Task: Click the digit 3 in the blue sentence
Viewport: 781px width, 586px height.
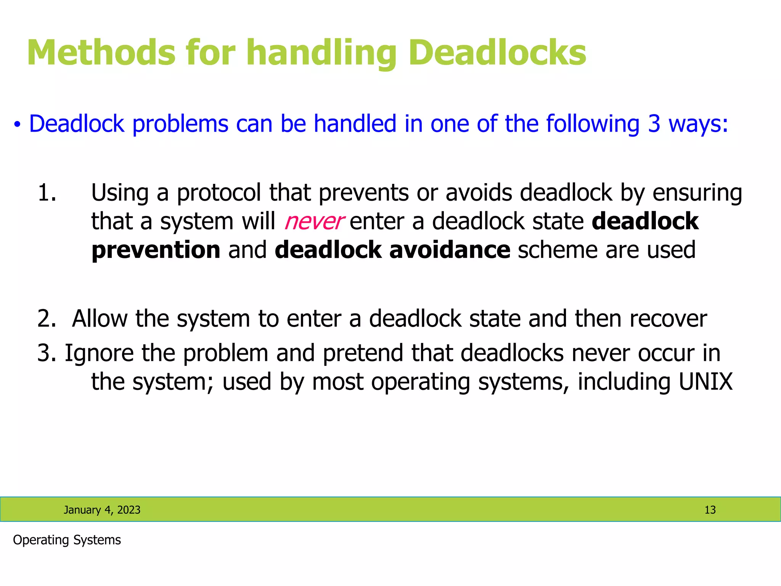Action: point(654,124)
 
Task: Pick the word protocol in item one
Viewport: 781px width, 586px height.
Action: point(219,193)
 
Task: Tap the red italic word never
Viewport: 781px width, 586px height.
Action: point(314,222)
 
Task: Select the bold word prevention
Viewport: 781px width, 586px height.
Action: point(156,250)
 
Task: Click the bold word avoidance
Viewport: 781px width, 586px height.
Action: point(450,250)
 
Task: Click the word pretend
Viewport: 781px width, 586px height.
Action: point(363,353)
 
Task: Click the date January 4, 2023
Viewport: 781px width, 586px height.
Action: point(102,510)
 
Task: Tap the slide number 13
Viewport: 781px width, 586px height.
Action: point(710,510)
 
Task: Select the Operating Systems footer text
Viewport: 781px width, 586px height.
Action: point(67,540)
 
